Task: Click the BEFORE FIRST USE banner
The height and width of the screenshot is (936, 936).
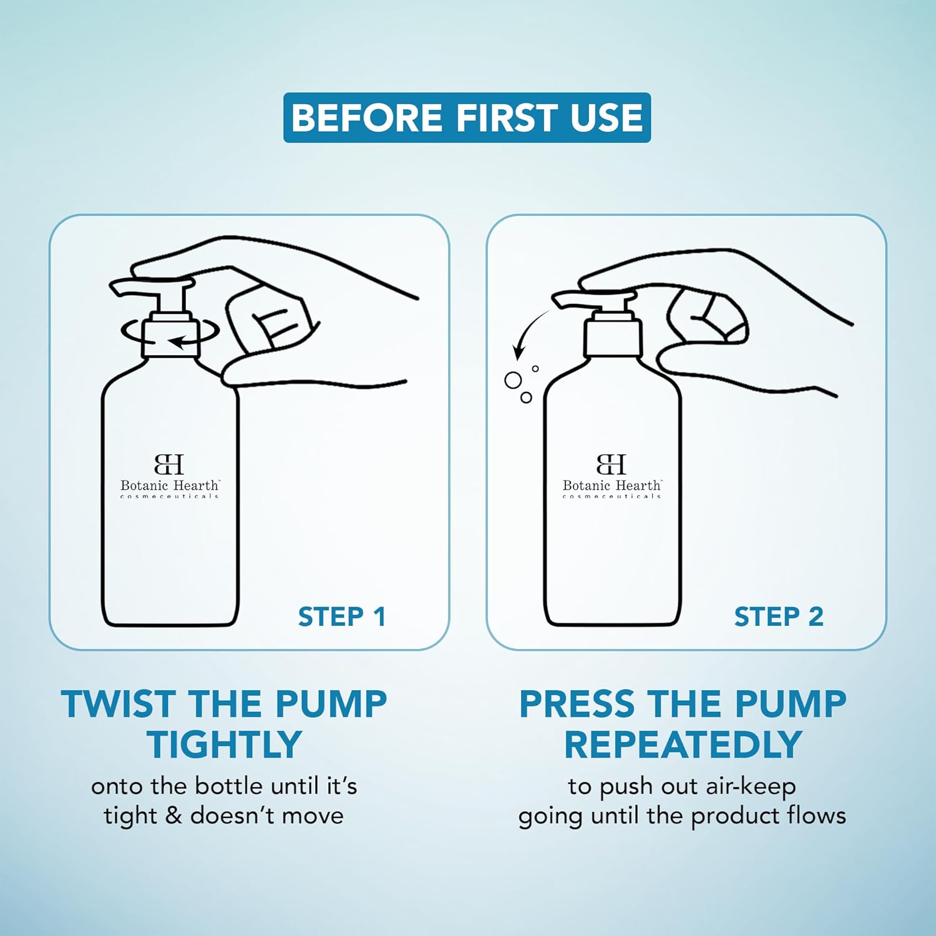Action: (x=467, y=117)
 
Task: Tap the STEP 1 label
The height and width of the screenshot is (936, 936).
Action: (x=342, y=617)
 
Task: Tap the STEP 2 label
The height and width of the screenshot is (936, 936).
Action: (x=779, y=617)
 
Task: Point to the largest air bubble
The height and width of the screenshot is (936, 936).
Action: (x=513, y=380)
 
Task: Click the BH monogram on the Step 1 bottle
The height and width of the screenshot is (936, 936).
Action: (x=169, y=464)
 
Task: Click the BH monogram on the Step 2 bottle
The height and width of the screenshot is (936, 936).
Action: (x=612, y=464)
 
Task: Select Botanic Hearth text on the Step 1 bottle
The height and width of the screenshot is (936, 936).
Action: (x=170, y=485)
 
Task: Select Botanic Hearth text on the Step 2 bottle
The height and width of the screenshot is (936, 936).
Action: (x=612, y=485)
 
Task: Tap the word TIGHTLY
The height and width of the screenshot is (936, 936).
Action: (x=225, y=744)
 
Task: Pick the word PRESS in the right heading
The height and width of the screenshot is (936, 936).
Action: (x=577, y=704)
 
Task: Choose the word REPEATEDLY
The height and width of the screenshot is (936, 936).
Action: (x=683, y=744)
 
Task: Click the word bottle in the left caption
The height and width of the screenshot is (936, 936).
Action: (x=227, y=786)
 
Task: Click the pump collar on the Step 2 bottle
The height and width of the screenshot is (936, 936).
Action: (x=613, y=338)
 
